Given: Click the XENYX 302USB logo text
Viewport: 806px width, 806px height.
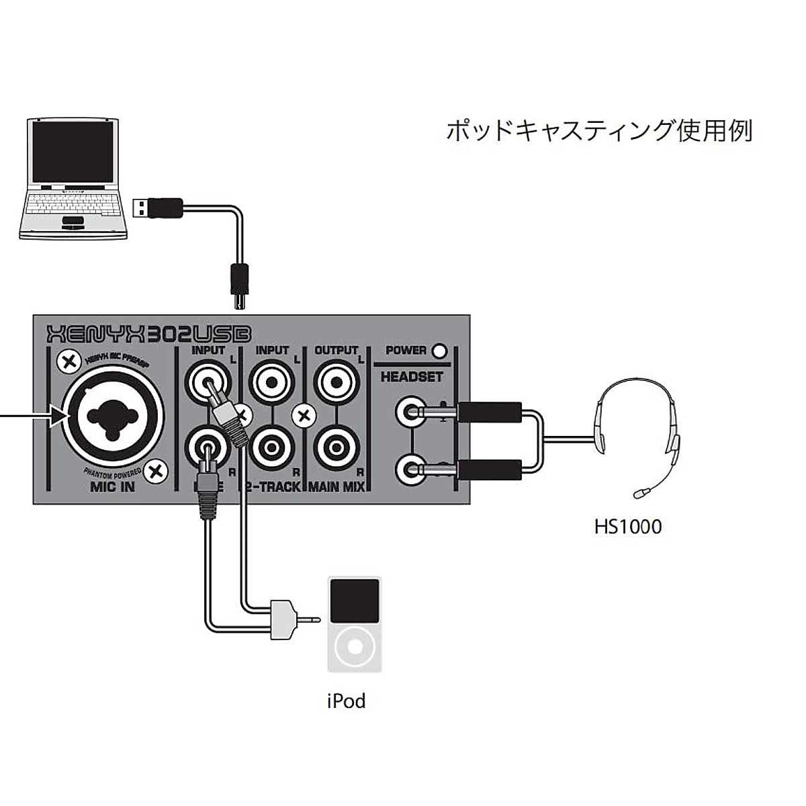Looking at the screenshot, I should click(x=148, y=334).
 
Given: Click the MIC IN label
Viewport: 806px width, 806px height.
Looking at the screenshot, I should click(x=112, y=487).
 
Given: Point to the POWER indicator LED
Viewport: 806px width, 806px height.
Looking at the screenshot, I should click(x=440, y=351).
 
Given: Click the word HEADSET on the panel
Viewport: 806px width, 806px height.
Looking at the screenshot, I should click(x=412, y=377).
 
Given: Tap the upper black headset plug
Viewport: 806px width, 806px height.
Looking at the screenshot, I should click(x=490, y=411).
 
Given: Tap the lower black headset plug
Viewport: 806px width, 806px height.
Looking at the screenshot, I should click(x=490, y=468).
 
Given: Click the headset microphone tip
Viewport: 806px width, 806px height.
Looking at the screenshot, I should click(x=639, y=494).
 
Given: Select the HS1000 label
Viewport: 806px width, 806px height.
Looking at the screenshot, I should click(x=627, y=526).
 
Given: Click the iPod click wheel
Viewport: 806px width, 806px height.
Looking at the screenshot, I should click(x=354, y=647).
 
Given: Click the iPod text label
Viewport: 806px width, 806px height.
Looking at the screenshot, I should click(x=346, y=701).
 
